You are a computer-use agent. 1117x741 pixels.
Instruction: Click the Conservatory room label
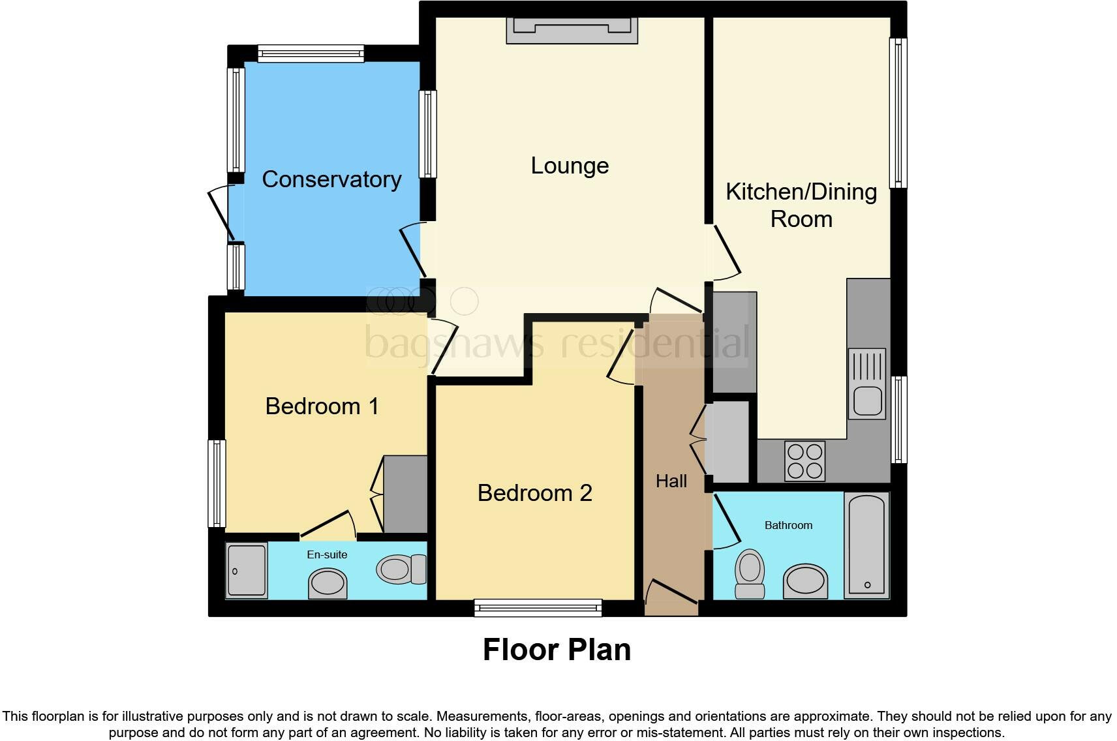pos(331,179)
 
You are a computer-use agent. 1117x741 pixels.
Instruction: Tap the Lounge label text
pos(570,166)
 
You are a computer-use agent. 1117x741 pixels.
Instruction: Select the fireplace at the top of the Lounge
pos(572,30)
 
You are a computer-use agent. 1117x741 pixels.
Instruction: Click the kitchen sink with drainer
pos(867,384)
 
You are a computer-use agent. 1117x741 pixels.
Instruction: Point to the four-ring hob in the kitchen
pos(804,461)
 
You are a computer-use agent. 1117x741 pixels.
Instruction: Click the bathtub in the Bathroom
pos(866,545)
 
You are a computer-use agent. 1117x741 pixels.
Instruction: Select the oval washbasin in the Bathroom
pos(805,581)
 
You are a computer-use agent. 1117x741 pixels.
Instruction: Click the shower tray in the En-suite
pos(247,569)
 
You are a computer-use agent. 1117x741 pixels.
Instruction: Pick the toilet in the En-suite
pos(401,569)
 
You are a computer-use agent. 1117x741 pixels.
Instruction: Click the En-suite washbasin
pos(328,582)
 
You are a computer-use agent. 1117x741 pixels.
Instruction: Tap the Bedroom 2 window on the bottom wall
pos(538,608)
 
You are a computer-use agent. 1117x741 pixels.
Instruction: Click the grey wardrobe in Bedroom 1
pos(405,494)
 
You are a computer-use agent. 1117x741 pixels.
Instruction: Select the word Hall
pos(671,481)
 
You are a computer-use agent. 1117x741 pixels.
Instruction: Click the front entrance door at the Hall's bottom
pos(671,594)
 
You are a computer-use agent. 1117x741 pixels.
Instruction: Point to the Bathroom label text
pos(788,525)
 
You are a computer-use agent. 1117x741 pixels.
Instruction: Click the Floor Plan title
pos(557,650)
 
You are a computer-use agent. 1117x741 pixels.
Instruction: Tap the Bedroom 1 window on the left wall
pos(217,483)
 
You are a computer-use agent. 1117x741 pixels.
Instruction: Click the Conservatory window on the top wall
pos(311,53)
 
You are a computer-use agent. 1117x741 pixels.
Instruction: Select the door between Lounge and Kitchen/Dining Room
pos(726,249)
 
